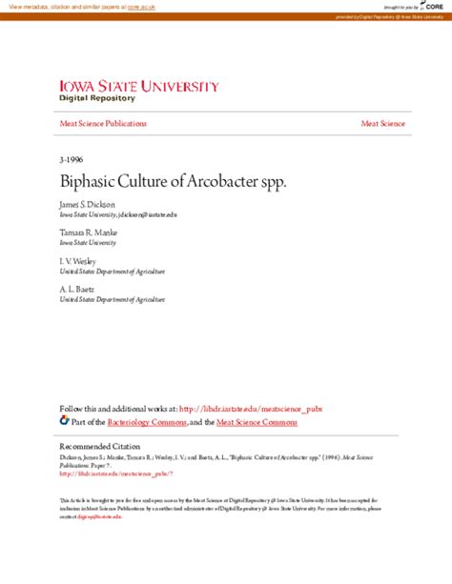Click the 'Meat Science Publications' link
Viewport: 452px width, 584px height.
click(103, 124)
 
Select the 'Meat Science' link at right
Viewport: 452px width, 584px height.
click(382, 124)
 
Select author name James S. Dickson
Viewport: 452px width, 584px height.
click(88, 204)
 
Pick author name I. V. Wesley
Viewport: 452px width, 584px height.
click(78, 259)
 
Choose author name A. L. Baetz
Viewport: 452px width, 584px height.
click(77, 287)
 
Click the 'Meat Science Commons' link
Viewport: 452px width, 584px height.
click(257, 421)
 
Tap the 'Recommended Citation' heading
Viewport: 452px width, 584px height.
click(98, 447)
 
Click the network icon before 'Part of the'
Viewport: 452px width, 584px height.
click(64, 420)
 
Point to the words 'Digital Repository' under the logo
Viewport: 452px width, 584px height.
click(97, 98)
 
